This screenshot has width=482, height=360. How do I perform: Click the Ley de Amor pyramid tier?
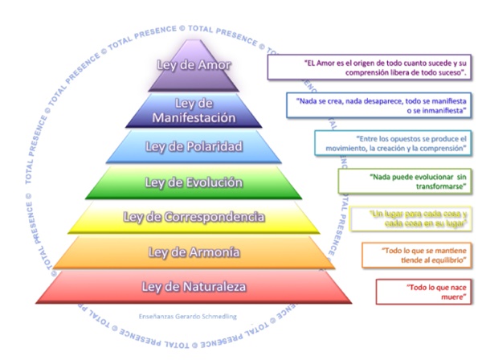pyautogui.click(x=194, y=69)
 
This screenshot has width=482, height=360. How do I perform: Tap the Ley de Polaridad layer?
pyautogui.click(x=194, y=146)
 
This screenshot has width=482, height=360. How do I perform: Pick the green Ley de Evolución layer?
pyautogui.click(x=194, y=182)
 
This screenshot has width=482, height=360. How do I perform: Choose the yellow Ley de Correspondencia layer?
pyautogui.click(x=194, y=217)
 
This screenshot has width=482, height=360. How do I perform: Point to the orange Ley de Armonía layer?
pyautogui.click(x=194, y=252)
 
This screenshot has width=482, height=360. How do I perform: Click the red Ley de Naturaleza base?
pyautogui.click(x=194, y=287)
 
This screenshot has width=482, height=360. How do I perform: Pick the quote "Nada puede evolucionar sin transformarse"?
pyautogui.click(x=406, y=181)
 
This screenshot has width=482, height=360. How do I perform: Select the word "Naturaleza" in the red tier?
pyautogui.click(x=212, y=287)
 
